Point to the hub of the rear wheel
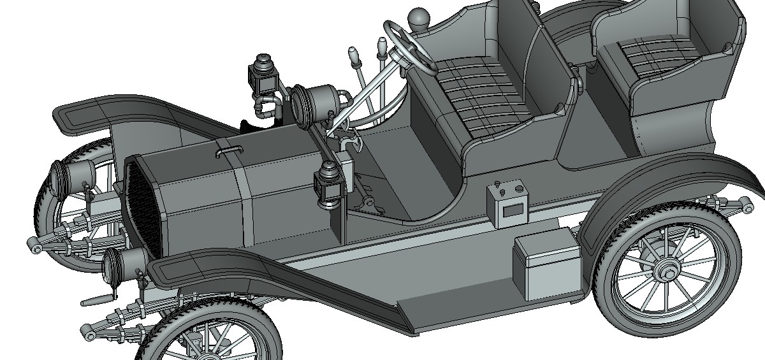pos(667,271)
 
